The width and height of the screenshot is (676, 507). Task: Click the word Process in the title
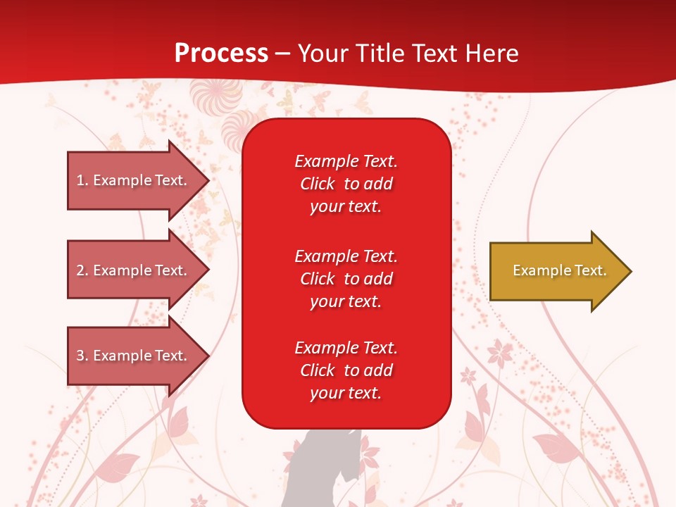click(221, 54)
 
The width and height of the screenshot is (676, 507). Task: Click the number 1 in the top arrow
click(80, 180)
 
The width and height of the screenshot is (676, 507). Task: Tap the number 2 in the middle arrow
click(80, 270)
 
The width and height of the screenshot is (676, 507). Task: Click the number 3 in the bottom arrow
click(80, 356)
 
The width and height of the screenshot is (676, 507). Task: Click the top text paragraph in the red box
click(346, 184)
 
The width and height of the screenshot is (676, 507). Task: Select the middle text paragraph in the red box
click(346, 279)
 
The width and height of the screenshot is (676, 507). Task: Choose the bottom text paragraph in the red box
click(346, 370)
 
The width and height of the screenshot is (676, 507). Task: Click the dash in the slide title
click(282, 54)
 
